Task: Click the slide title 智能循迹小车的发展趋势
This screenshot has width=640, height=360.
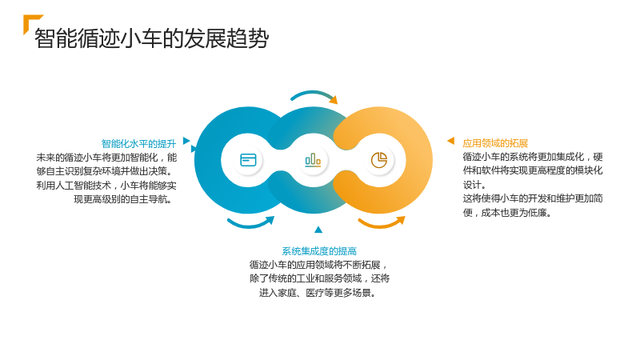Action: (151, 38)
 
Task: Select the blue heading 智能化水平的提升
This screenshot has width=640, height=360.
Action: (138, 144)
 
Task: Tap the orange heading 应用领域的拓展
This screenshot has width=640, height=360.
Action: (495, 143)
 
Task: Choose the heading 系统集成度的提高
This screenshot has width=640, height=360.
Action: (319, 251)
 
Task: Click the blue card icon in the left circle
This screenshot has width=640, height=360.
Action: (248, 160)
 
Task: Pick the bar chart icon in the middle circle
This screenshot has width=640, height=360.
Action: (313, 160)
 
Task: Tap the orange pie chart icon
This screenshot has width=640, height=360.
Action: (379, 160)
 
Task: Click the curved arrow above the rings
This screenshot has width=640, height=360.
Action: (314, 93)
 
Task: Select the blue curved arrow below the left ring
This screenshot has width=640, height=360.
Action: (250, 225)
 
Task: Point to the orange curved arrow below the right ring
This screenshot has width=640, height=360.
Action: (382, 225)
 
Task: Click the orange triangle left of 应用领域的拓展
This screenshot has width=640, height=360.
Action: (451, 141)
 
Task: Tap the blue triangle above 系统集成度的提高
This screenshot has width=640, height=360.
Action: (318, 230)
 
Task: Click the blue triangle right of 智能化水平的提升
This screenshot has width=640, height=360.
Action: (186, 141)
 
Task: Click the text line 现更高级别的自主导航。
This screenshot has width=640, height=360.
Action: (122, 199)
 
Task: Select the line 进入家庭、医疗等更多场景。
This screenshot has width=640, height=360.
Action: (318, 293)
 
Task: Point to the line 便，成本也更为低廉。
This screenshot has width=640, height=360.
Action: (507, 213)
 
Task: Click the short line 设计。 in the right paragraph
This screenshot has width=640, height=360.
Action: (474, 185)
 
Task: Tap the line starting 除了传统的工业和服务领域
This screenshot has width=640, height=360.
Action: (319, 278)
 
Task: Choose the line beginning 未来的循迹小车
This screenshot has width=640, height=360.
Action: (106, 158)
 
